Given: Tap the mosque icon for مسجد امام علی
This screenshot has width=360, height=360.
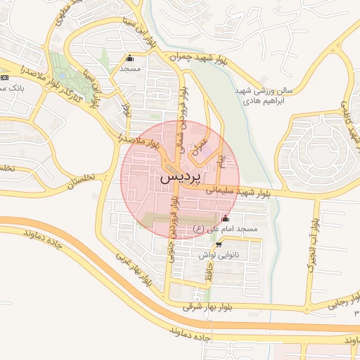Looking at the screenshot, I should coord(225,218).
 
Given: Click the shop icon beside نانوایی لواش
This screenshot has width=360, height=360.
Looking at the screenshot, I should coord(219,245).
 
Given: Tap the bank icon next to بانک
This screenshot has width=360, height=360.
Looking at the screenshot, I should coord(4,77).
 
